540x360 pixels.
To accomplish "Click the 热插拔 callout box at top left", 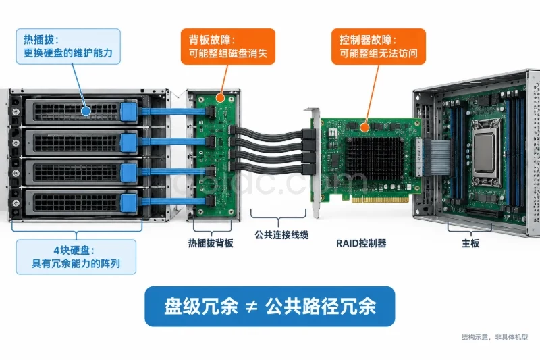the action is click(x=68, y=47).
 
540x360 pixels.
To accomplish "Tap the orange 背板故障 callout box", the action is click(x=228, y=47).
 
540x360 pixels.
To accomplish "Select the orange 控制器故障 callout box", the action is click(x=379, y=47).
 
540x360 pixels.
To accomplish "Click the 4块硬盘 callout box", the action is click(x=76, y=257).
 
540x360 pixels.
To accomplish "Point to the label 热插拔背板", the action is click(x=211, y=243).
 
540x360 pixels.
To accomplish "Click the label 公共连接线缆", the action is click(x=281, y=235).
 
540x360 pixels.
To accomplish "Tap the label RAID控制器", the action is click(x=361, y=243).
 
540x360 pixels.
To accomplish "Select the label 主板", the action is click(x=470, y=243).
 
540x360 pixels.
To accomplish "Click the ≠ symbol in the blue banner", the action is click(x=251, y=306).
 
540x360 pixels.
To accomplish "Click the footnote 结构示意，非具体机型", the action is click(x=495, y=337).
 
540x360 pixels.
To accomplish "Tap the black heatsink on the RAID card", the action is click(x=375, y=159).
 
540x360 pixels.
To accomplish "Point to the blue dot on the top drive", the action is click(x=86, y=111).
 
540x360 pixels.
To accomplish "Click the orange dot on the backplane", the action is click(x=221, y=98).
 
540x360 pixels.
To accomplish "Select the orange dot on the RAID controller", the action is click(x=364, y=128).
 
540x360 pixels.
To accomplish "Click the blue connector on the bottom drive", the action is click(x=129, y=203).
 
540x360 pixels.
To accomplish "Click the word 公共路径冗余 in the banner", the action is click(x=321, y=306).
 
